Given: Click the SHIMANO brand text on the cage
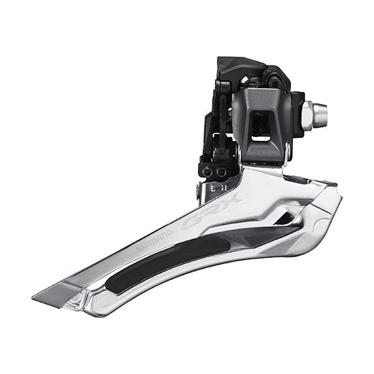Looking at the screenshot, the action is (155, 241).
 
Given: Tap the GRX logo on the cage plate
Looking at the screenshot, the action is (211, 212).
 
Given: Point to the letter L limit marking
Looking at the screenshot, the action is (213, 188).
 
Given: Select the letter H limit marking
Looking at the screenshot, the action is (223, 188).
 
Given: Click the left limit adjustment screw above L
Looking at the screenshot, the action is (207, 171).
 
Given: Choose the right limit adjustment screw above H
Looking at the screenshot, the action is (221, 171).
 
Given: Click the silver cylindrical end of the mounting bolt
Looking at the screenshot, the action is (320, 115).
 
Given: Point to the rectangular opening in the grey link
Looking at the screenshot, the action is (261, 126).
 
